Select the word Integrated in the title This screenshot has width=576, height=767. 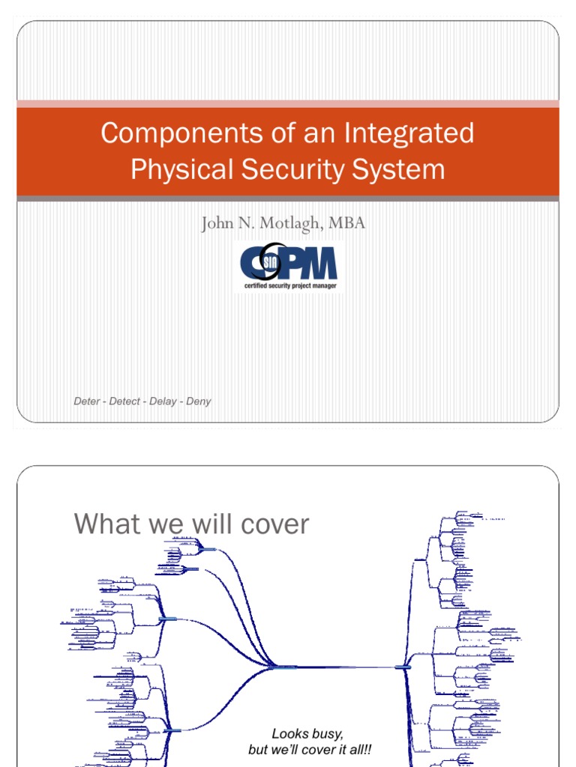point(409,134)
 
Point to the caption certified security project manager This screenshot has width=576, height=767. point(289,285)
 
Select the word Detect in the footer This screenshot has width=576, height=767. point(124,401)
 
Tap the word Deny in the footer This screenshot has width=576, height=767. point(199,401)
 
